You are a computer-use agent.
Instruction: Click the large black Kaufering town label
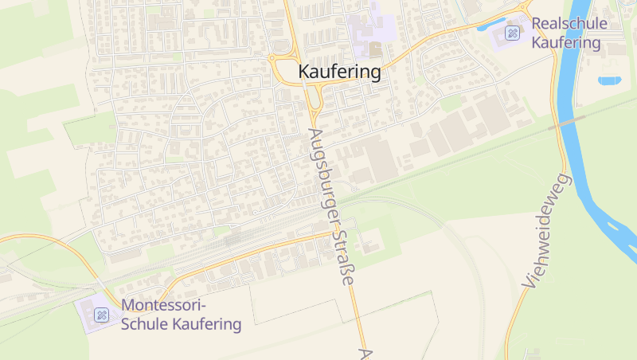(x=339, y=72)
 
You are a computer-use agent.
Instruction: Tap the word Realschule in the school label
(x=569, y=24)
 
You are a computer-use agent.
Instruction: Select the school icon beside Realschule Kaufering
(x=513, y=33)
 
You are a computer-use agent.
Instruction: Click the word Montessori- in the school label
(x=163, y=306)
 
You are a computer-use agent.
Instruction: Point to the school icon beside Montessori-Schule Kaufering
(x=101, y=315)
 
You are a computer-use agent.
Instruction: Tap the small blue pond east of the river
(x=609, y=80)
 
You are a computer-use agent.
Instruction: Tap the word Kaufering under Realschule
(x=566, y=42)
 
